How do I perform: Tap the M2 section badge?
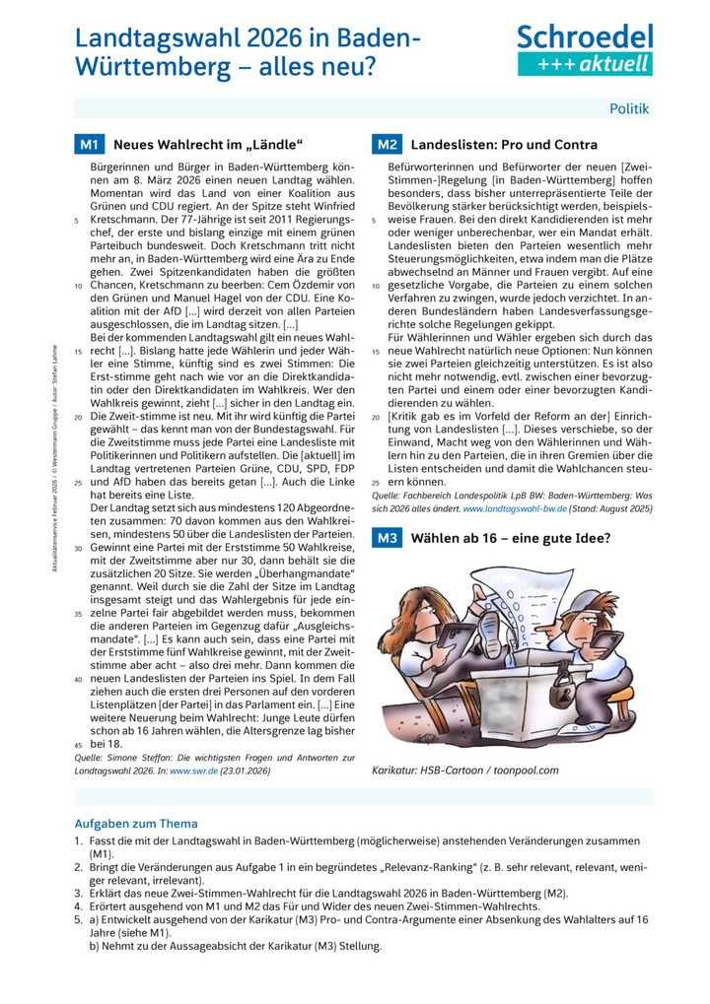click(x=386, y=145)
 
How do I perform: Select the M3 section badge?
click(x=386, y=538)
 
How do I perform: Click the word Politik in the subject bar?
click(x=629, y=108)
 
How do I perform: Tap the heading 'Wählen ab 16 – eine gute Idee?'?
click(x=511, y=538)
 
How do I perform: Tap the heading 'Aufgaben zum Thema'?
click(x=136, y=824)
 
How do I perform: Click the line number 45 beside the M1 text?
click(x=79, y=745)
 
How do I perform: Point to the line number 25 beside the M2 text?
click(x=376, y=482)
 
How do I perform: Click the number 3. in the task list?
click(x=79, y=893)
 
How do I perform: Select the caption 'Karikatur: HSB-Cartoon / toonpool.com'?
click(x=465, y=770)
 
